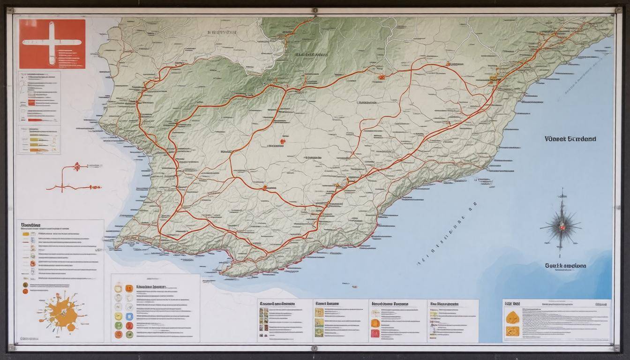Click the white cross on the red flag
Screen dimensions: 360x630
[52, 41]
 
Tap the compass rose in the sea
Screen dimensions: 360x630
[561, 225]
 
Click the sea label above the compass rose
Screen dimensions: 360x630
[570, 139]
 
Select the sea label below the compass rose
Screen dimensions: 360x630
[565, 265]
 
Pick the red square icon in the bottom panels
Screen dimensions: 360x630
[375, 333]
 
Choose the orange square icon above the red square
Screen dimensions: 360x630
[375, 322]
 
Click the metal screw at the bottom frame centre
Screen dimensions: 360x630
[314, 348]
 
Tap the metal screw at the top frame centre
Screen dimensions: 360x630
[314, 10]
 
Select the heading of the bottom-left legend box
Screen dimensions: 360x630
[30, 225]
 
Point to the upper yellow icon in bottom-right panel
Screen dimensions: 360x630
[512, 317]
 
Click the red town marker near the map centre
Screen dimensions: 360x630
[283, 141]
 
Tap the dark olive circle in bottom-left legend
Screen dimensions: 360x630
[25, 285]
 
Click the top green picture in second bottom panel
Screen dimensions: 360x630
[319, 312]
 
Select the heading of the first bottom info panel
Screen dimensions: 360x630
[277, 304]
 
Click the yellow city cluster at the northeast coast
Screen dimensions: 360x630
[493, 78]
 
